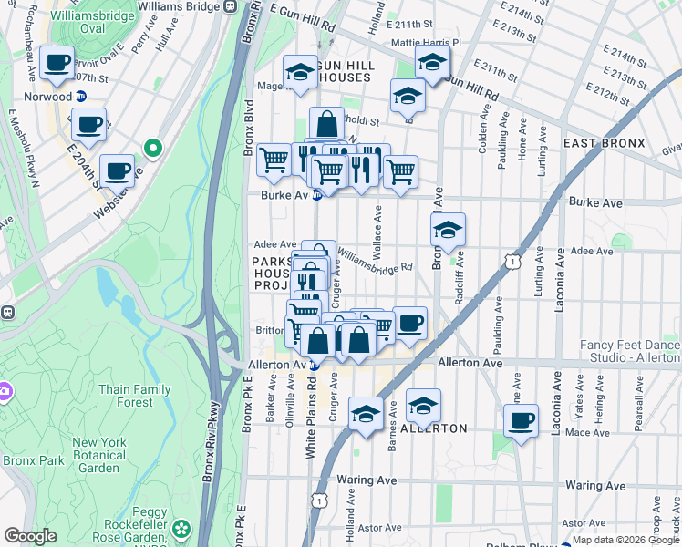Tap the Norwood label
[48, 97]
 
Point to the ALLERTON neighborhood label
[434, 428]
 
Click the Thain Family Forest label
[135, 396]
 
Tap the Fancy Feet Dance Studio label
[630, 352]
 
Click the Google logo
[30, 536]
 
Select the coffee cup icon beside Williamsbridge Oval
[57, 63]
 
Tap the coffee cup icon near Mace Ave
[522, 421]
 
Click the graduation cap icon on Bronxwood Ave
[447, 231]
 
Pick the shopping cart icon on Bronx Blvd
[274, 160]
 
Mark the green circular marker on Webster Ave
[153, 147]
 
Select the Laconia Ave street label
[557, 278]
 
